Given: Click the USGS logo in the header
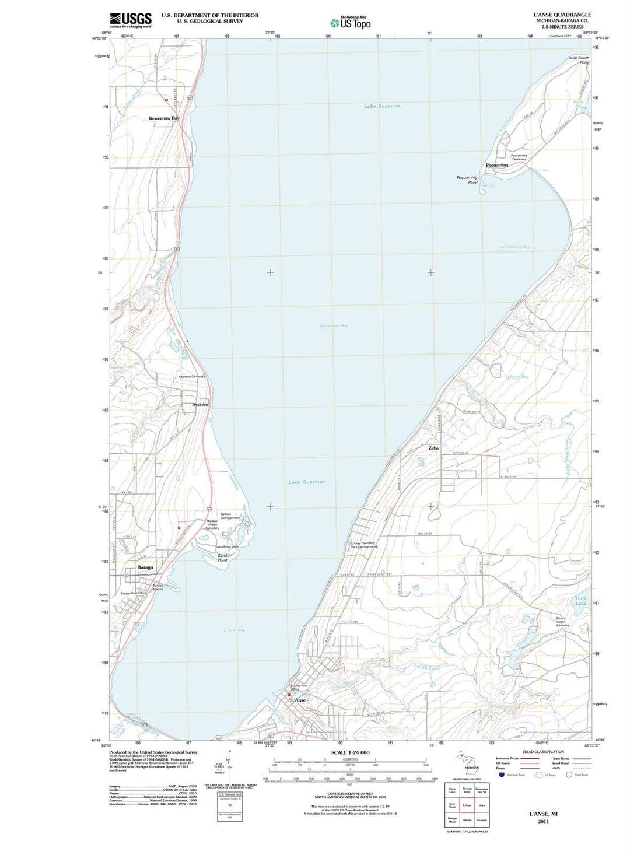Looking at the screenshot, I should (130, 19).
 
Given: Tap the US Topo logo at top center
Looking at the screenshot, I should (350, 23).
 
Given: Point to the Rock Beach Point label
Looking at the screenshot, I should (579, 60).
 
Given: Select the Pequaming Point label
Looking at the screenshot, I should (467, 180).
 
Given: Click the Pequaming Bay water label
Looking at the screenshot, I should (515, 247).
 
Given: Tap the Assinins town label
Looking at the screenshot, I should (200, 404).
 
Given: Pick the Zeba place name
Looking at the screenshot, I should (433, 448).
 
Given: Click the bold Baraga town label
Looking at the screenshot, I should (145, 567).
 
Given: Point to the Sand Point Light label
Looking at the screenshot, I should (227, 546).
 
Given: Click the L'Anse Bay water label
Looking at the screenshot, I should (235, 630).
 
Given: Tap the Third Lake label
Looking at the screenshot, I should (580, 601).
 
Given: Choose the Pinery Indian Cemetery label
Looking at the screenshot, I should (561, 622).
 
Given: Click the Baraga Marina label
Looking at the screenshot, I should (157, 587).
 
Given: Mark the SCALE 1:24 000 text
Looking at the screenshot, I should (350, 752).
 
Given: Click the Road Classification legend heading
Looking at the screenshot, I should (543, 752).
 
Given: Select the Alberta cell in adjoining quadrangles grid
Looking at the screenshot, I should (467, 819).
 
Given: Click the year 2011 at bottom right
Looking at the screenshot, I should (543, 821).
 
